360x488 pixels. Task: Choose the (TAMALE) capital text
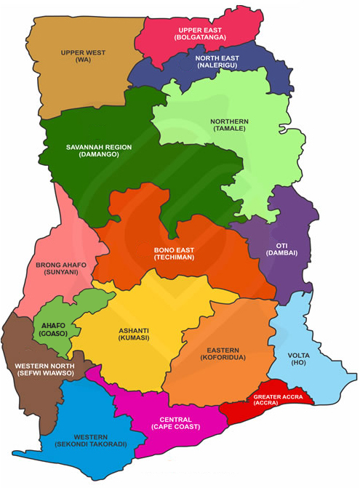[x=229, y=129]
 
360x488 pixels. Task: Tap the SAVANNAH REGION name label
[x=99, y=147]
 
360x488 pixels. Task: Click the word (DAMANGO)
[x=99, y=155]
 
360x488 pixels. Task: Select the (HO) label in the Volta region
[x=298, y=362]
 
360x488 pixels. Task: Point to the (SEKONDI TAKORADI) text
[x=91, y=444]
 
